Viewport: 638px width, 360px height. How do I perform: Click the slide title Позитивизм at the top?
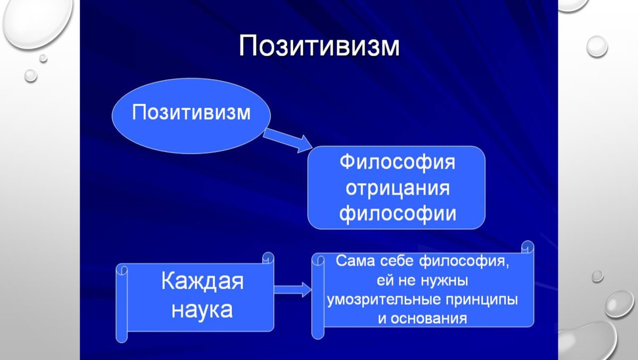point(318,46)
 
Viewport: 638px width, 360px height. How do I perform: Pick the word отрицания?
point(397,188)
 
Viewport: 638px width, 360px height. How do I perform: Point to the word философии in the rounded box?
point(397,214)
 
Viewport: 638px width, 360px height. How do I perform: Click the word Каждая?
point(202,281)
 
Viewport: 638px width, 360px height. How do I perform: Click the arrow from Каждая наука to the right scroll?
point(292,290)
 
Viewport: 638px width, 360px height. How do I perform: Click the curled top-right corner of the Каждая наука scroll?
point(268,258)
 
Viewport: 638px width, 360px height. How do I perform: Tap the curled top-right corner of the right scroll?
point(527,248)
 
